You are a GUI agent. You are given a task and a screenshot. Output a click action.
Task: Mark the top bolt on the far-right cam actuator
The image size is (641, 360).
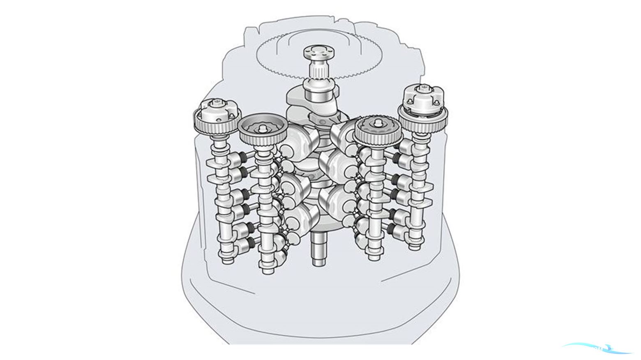point(422,88)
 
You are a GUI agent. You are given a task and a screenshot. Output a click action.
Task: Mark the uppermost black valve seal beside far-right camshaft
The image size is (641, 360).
point(396,157)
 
